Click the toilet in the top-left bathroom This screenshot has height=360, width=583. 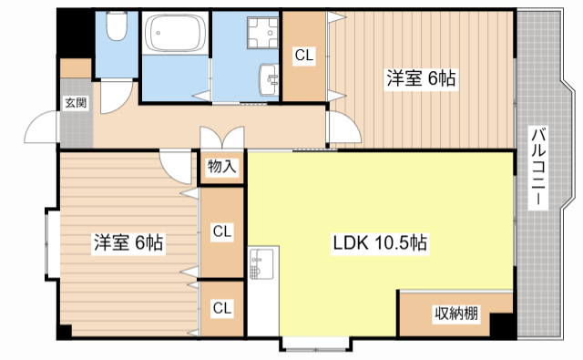pos(116,30)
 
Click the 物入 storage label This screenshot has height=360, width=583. pos(221,167)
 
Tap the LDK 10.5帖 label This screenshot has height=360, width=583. pos(380,243)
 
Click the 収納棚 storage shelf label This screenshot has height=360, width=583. pos(455,314)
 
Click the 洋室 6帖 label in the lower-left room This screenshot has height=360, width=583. pos(128,243)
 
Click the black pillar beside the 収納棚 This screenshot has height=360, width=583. pos(500,324)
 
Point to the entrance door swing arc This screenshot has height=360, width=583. pos(41,128)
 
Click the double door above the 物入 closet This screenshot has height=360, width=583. pos(221,137)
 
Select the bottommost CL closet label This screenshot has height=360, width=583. pos(221,308)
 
